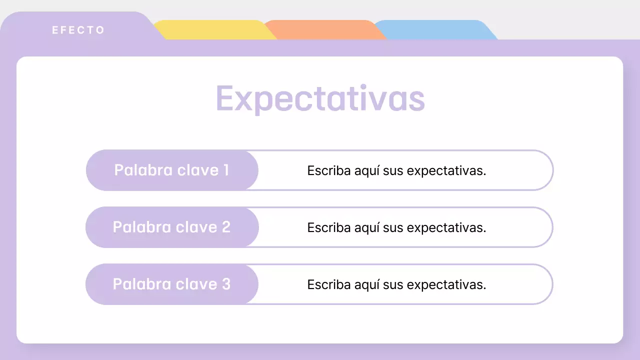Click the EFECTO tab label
point(78,30)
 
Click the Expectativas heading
point(320,98)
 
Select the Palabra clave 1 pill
point(172,170)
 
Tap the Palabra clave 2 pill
point(172,227)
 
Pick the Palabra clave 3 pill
point(172,284)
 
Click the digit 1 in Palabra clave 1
point(225,170)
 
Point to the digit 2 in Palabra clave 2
point(225,227)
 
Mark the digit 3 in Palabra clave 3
point(225,284)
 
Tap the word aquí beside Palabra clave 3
point(367,285)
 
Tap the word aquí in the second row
point(367,228)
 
